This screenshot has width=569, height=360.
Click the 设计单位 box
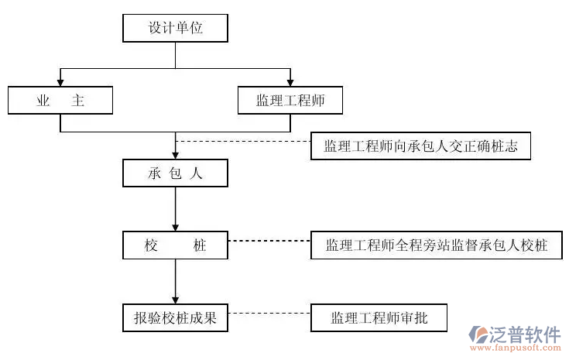click(175, 29)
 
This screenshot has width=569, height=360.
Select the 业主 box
click(60, 100)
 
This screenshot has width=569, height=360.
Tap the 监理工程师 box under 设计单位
click(290, 100)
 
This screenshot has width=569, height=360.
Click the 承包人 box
click(175, 173)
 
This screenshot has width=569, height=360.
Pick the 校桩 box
click(175, 245)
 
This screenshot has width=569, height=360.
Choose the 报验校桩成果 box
click(175, 317)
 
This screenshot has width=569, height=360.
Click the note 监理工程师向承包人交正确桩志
click(420, 146)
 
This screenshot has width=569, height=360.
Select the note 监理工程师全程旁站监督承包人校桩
click(437, 245)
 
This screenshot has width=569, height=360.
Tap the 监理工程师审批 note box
click(379, 317)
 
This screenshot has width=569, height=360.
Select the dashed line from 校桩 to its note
click(269, 241)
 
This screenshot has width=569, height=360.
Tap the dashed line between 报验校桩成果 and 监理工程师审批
click(269, 313)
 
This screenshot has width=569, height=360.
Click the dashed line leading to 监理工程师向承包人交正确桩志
click(243, 142)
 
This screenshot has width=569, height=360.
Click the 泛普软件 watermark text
click(526, 334)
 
